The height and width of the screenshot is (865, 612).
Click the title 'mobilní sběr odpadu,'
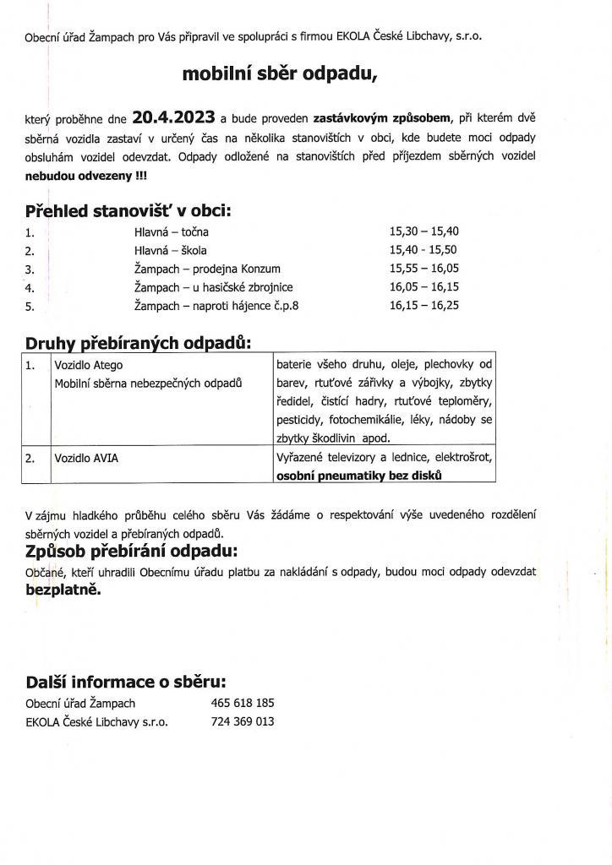tap(280, 74)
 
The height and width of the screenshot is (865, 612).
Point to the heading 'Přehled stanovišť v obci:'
tap(128, 210)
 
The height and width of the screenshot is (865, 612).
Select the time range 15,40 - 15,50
tap(423, 250)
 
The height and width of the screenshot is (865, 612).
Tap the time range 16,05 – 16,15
tap(423, 287)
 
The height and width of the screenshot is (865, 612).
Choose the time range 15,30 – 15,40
tap(423, 231)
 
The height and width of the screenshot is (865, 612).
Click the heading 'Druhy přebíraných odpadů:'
tap(139, 342)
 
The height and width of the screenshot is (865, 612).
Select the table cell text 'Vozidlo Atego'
tap(89, 366)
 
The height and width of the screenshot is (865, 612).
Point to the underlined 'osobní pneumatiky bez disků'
tap(359, 476)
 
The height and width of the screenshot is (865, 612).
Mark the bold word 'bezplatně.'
tap(63, 590)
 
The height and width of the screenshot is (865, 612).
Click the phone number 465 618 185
tap(243, 704)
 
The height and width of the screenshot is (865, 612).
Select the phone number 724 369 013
tap(243, 722)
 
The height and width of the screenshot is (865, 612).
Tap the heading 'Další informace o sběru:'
tap(126, 681)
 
